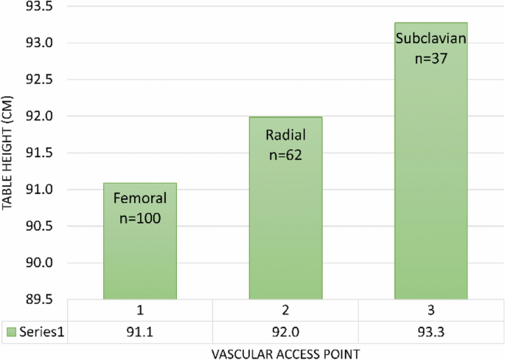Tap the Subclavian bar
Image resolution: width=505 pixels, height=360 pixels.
point(431,177)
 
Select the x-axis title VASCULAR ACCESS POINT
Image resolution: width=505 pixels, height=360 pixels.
point(286,353)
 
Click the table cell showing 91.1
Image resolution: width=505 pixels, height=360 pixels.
point(140,333)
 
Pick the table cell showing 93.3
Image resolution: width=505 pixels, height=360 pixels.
point(431,333)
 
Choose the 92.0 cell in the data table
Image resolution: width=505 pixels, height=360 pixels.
point(286,333)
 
